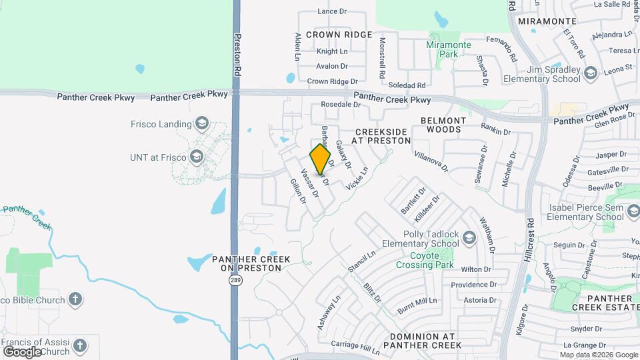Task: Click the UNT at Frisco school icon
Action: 196,157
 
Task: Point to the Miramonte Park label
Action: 449,49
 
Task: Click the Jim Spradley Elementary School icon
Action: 589,73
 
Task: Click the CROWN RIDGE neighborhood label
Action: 339,34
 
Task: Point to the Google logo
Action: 22,351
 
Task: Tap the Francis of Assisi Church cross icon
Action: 80,346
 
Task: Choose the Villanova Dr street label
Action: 431,161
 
